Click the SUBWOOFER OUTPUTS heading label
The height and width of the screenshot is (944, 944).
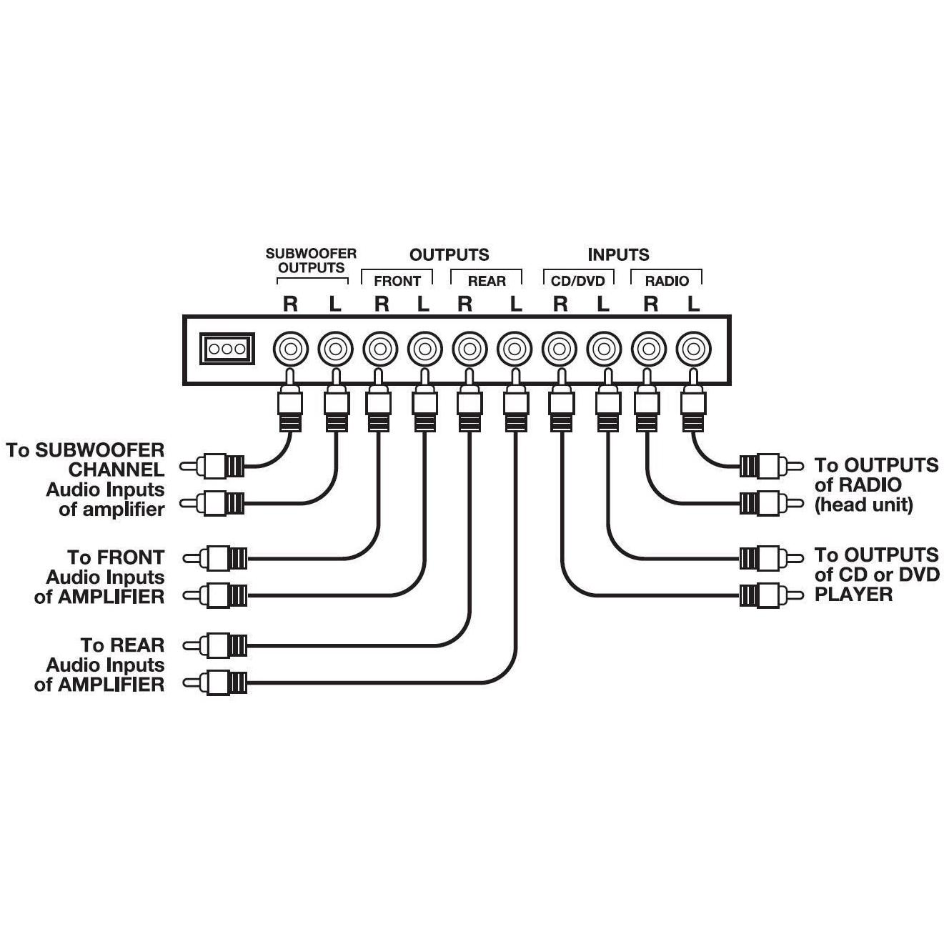coord(311,261)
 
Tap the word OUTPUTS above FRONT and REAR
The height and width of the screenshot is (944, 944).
coord(449,254)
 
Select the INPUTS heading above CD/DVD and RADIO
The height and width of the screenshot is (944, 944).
coord(618,254)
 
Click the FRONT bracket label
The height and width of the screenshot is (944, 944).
coord(397,281)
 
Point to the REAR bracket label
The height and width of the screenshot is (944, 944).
coord(487,281)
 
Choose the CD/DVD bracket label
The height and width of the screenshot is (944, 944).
coord(578,281)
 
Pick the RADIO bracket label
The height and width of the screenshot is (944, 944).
coord(667,281)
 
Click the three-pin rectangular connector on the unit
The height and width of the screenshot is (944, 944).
coord(227,349)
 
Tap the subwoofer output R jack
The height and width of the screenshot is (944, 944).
coord(291,349)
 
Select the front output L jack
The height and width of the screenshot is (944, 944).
coord(424,349)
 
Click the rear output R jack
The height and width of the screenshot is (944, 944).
coord(469,349)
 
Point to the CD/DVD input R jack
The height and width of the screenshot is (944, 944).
coord(560,349)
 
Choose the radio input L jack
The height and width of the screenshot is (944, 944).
coord(694,349)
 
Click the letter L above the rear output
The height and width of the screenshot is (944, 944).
coord(516,304)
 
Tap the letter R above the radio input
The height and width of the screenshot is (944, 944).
coord(650,304)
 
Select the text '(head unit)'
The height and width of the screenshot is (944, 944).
coord(864,505)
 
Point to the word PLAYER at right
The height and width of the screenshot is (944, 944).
coord(853,595)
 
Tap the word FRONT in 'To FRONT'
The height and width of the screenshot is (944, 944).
coord(130,557)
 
